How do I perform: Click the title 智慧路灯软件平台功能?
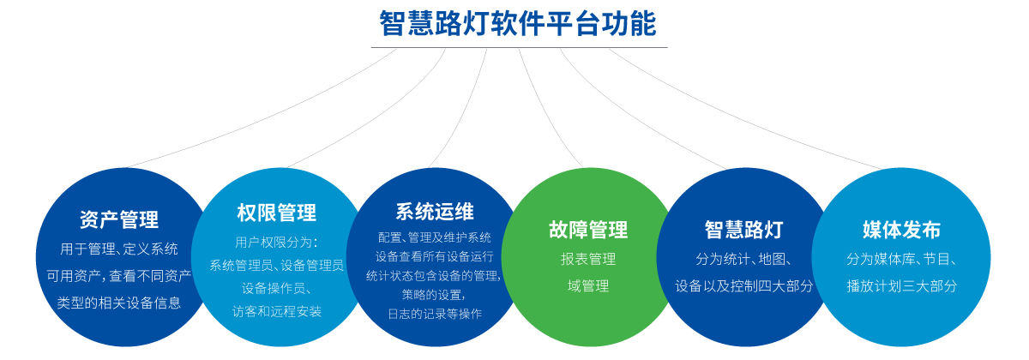tap(518, 24)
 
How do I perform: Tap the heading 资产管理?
tap(118, 220)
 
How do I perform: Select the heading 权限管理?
tap(276, 213)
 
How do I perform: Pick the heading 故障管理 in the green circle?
tap(588, 230)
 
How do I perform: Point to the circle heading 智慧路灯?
tap(743, 230)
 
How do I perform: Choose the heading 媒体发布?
tap(901, 230)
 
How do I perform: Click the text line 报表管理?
tap(588, 259)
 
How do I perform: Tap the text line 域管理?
tap(588, 286)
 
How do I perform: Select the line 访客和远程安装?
tap(276, 311)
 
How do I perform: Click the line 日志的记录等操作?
tap(434, 313)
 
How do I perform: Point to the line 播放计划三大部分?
tap(901, 286)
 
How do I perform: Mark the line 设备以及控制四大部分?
tap(743, 286)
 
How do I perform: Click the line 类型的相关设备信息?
tap(118, 303)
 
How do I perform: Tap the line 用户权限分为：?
tap(276, 242)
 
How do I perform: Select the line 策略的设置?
tap(434, 294)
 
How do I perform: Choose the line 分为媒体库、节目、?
tap(901, 259)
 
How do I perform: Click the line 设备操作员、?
tap(276, 288)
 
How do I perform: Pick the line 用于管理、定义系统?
tap(118, 249)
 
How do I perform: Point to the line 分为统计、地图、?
tap(743, 259)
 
